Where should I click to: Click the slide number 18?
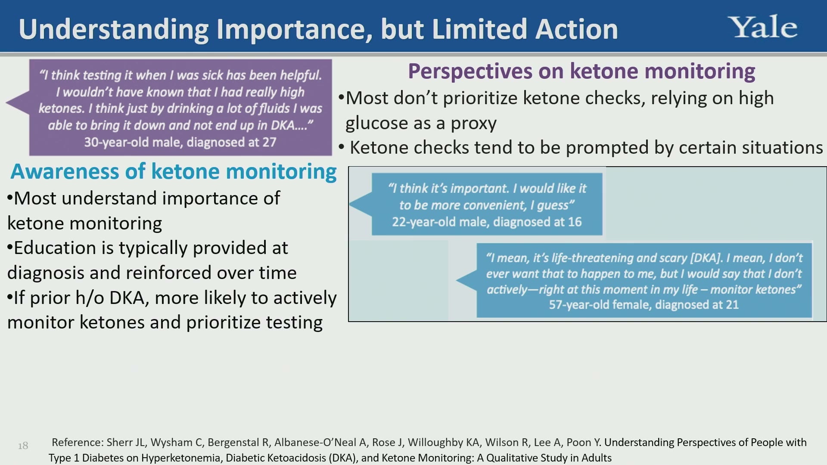coord(23,446)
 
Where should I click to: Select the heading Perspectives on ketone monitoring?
coord(581,71)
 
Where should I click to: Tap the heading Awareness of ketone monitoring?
coord(174,171)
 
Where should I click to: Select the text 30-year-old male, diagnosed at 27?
coord(180,142)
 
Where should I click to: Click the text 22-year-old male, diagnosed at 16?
coord(487,222)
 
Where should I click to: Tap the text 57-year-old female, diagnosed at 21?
coord(644,304)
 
